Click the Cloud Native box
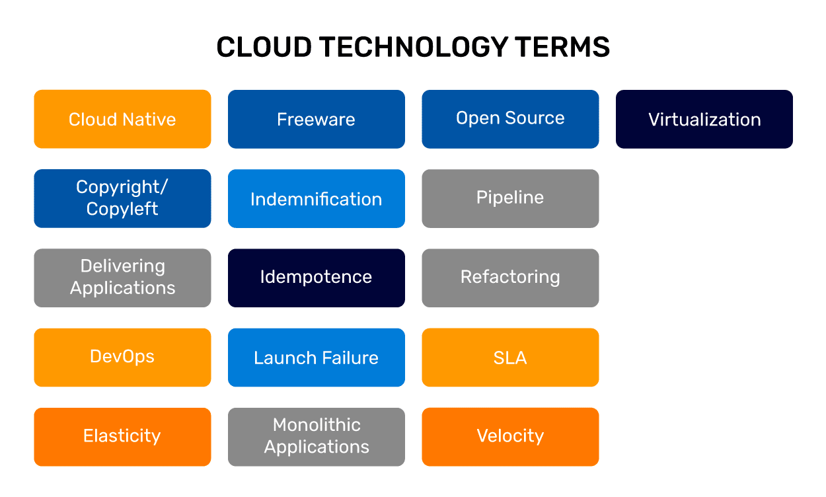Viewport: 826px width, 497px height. [x=122, y=119]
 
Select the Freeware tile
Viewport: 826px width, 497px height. [x=316, y=119]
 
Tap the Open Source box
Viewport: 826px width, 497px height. [x=510, y=119]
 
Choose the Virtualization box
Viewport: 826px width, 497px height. [x=704, y=119]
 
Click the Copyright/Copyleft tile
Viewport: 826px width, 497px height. [x=122, y=198]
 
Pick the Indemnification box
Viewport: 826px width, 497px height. [x=316, y=198]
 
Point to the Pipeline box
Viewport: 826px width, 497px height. [x=510, y=198]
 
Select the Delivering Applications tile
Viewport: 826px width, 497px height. [x=122, y=278]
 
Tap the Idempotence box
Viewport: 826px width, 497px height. [x=316, y=278]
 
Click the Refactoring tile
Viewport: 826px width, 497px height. [x=510, y=278]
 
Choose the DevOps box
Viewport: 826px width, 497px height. [x=122, y=357]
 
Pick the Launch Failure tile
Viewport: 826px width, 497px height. [x=316, y=357]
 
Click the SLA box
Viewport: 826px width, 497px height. [x=510, y=357]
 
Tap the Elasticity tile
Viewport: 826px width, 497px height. [x=122, y=436]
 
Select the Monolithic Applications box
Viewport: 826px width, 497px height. [x=316, y=436]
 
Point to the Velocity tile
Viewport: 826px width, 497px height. [x=510, y=436]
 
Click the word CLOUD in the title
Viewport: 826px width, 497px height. [x=263, y=48]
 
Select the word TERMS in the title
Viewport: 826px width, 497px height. [x=562, y=48]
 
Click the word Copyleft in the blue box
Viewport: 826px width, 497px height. [x=122, y=210]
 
